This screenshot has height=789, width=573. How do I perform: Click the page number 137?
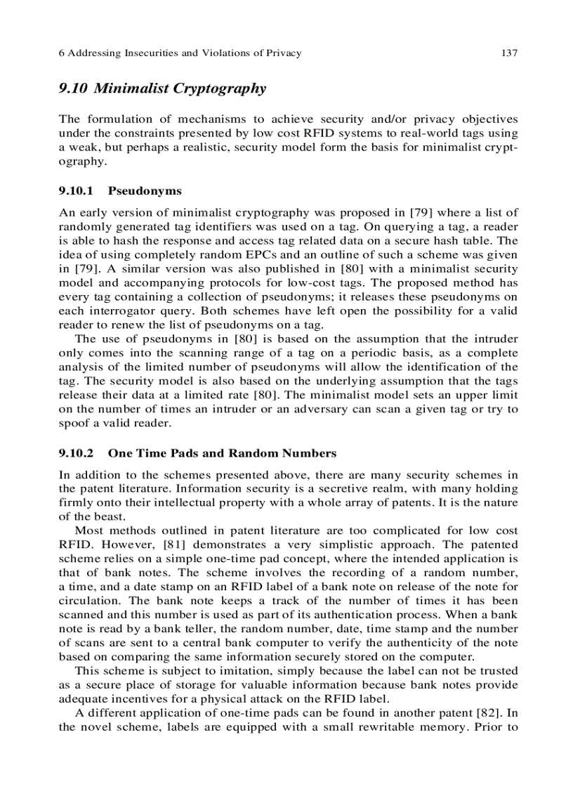pos(509,53)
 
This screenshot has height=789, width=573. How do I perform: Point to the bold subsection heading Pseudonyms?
pos(145,190)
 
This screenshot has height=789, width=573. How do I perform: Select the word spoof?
pos(75,423)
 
